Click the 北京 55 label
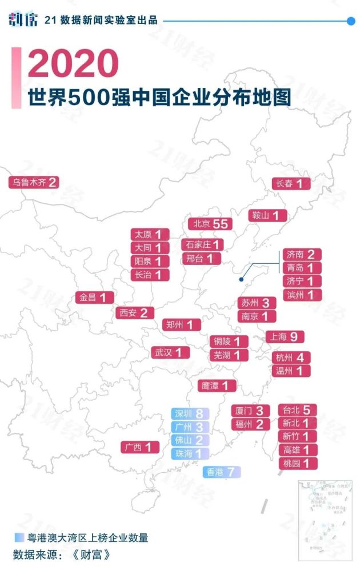pyautogui.click(x=210, y=224)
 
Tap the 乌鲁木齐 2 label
pyautogui.click(x=34, y=183)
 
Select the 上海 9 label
pyautogui.click(x=285, y=336)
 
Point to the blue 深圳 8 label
pyautogui.click(x=190, y=414)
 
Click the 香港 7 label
pyautogui.click(x=222, y=472)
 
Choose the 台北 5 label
pyautogui.click(x=297, y=409)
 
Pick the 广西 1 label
pyautogui.click(x=140, y=447)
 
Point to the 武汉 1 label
pyautogui.click(x=170, y=352)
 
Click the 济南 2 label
pyautogui.click(x=302, y=255)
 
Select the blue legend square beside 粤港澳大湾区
pyautogui.click(x=19, y=537)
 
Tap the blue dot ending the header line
pyautogui.click(x=351, y=21)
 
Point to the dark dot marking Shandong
pyautogui.click(x=242, y=280)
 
